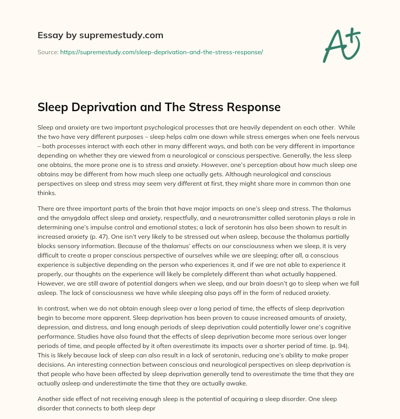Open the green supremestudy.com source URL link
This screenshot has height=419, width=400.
click(x=161, y=52)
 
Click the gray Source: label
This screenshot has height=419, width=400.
click(x=48, y=52)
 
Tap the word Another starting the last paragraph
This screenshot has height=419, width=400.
click(x=49, y=399)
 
